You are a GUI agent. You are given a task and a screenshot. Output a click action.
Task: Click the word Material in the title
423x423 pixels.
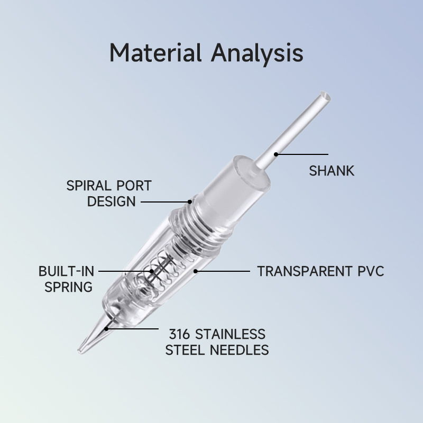156,53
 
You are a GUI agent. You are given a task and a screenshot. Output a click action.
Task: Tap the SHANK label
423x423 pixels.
332,171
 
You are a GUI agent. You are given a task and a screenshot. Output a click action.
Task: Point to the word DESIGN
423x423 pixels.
112,201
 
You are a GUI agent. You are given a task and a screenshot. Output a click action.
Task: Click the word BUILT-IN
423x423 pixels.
66,271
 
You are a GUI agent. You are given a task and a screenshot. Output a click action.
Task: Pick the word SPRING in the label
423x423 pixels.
68,287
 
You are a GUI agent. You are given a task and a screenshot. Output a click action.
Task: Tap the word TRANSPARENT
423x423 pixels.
303,271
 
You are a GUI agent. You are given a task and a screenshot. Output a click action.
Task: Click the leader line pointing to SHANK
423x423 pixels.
301,154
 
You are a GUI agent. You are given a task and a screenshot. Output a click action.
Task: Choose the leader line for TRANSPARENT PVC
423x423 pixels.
222,271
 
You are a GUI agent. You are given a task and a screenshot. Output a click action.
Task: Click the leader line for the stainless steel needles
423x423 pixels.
132,328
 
